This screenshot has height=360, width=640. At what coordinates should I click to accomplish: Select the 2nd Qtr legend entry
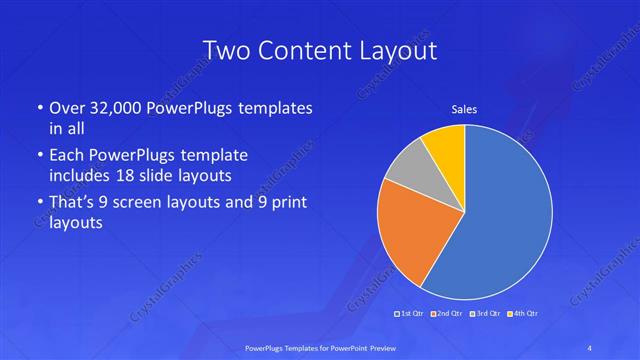coord(447,315)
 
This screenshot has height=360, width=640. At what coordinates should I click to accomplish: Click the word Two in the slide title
coord(227,50)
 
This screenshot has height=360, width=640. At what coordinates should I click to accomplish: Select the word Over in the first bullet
coord(65,107)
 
